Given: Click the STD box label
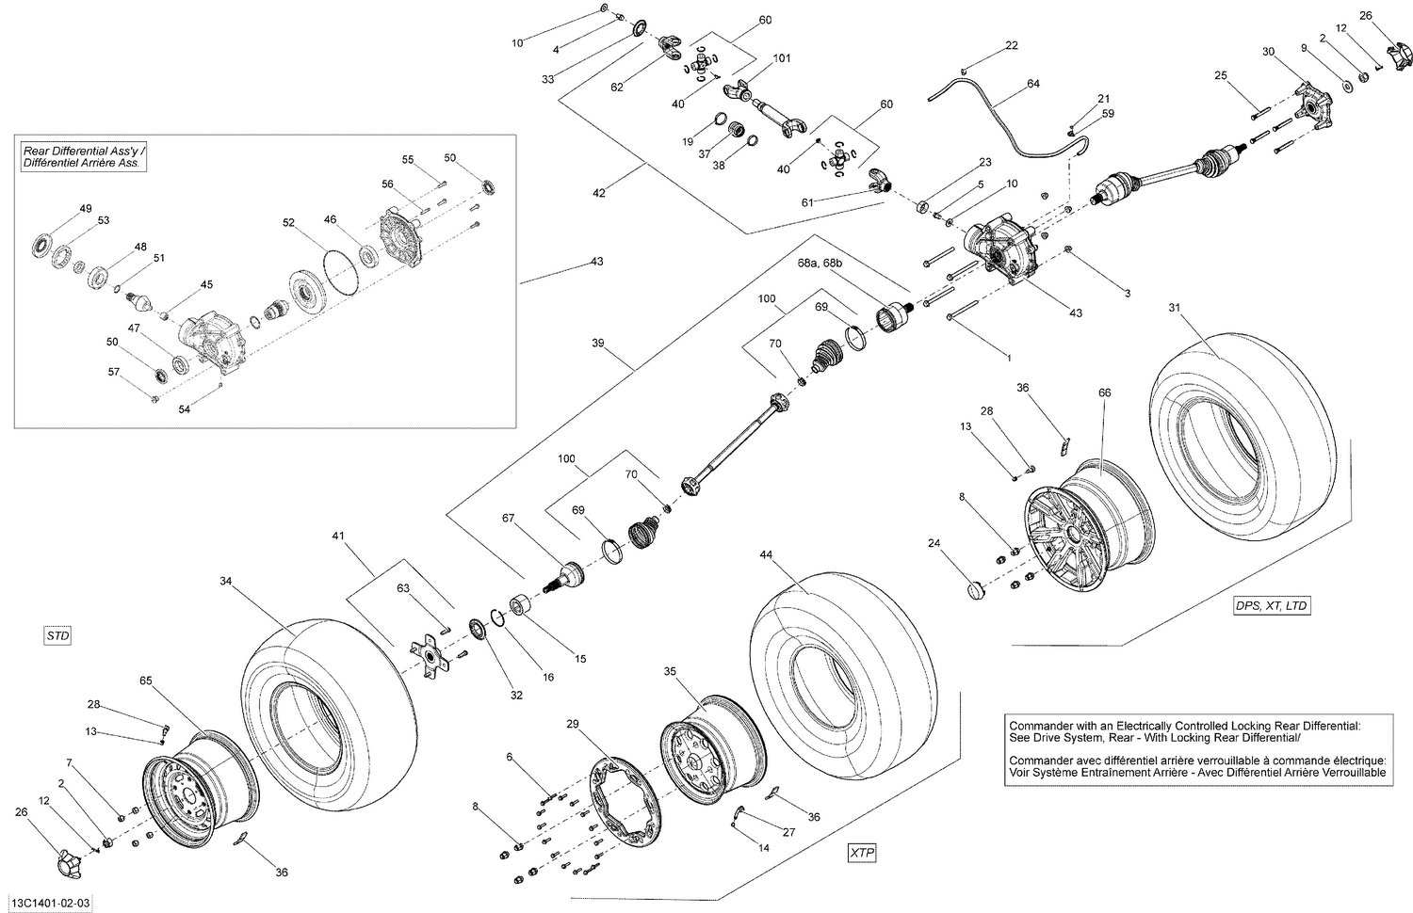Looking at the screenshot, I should point(58,636).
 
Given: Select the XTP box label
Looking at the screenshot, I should point(861,853).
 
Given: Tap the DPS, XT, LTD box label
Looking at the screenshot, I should point(1271,605).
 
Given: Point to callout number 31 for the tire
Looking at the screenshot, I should point(1173,308).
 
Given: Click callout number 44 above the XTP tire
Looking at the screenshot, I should point(766,555).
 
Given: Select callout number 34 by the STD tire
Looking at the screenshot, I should point(225,581).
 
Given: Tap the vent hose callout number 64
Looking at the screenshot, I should point(1033,84).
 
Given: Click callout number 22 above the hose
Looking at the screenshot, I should point(1011,45).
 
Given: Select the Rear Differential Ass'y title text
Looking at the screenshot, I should point(82,156).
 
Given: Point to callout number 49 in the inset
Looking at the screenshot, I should point(86,208).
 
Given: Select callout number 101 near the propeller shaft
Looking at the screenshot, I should point(781,59).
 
